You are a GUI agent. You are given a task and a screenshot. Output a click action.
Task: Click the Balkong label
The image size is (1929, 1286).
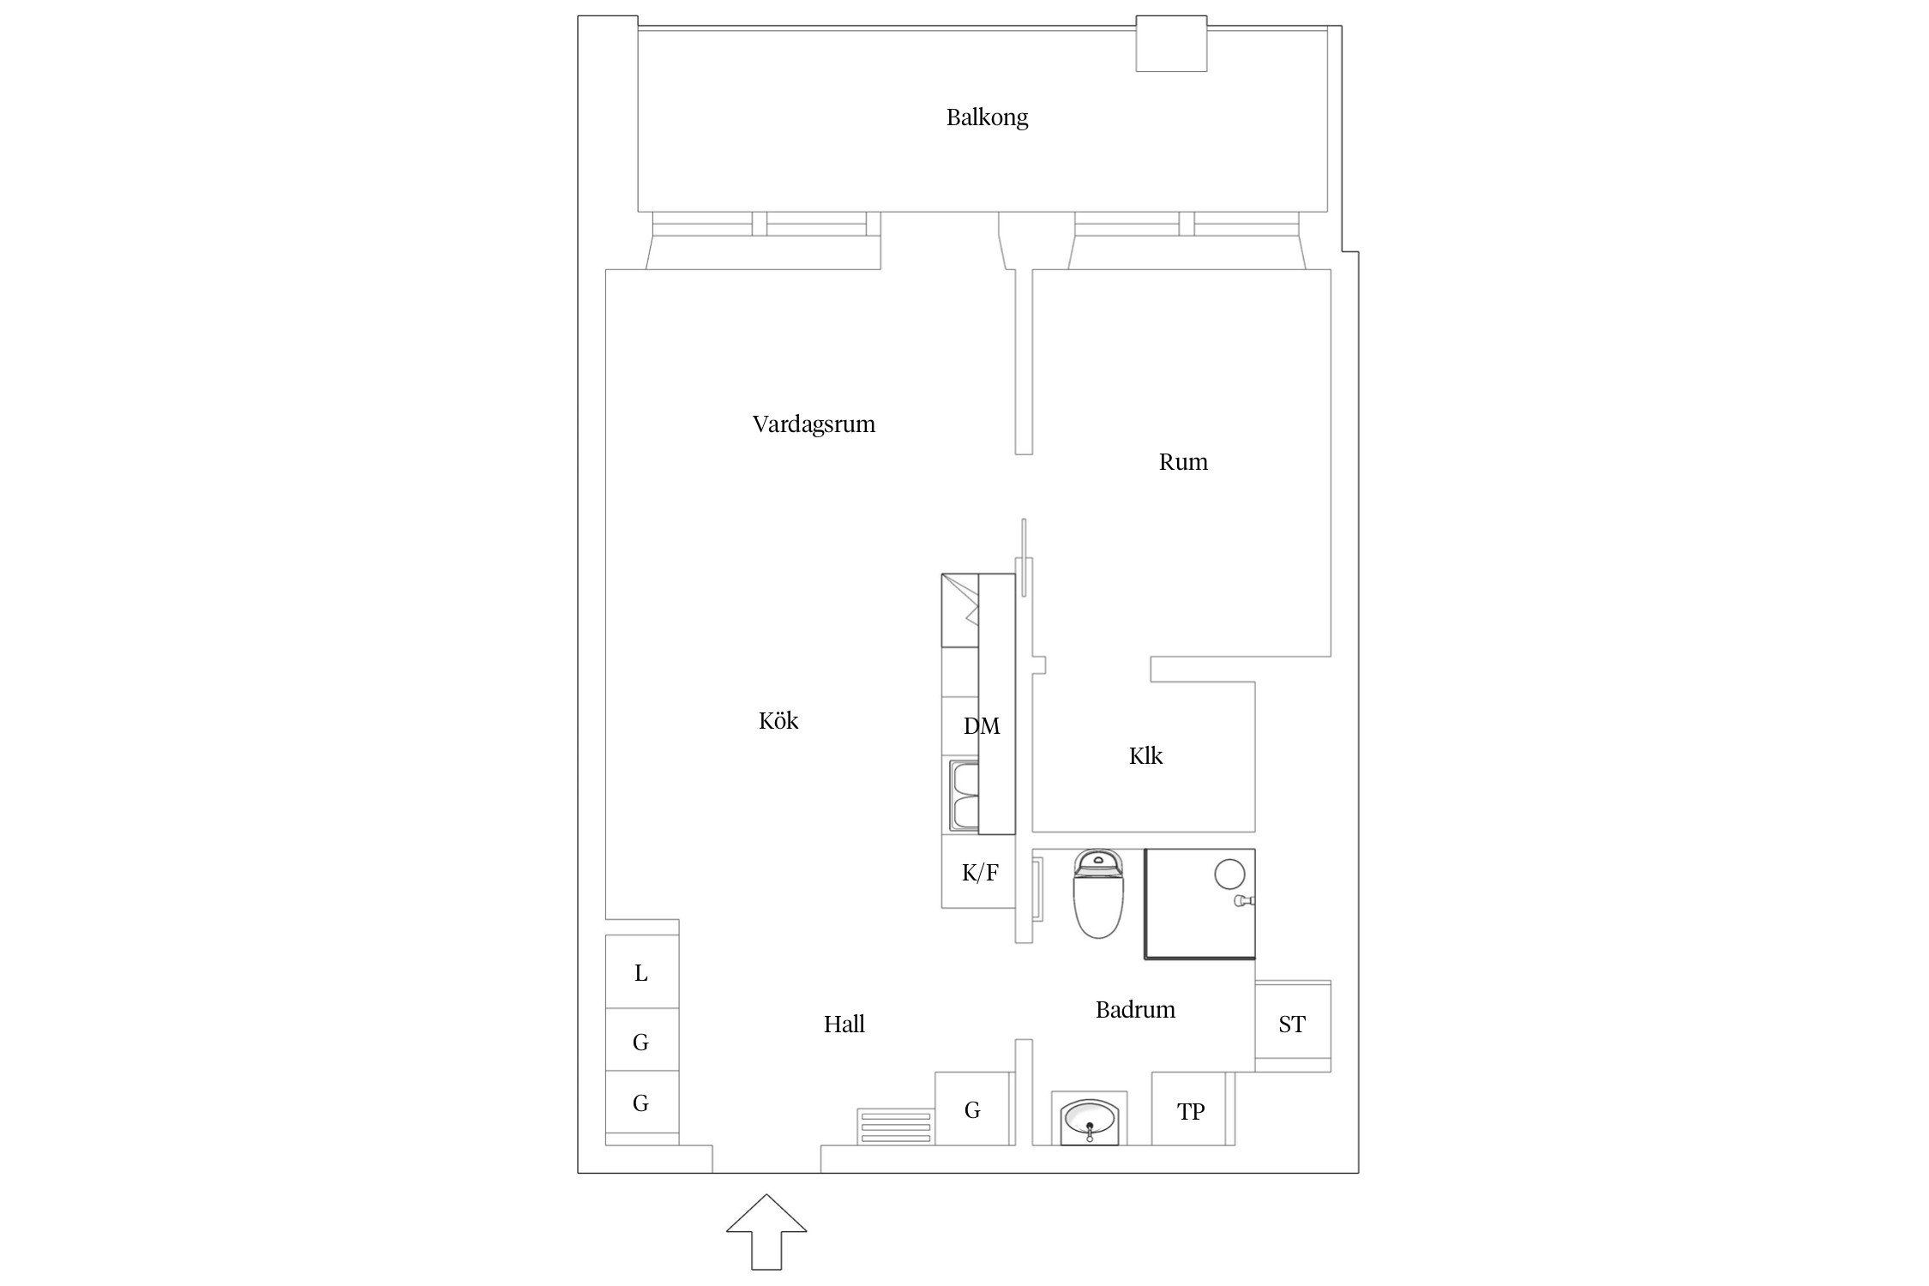987,117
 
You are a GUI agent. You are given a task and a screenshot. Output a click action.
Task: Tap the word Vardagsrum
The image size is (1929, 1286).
814,424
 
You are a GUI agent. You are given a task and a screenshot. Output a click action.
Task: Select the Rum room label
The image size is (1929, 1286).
1183,462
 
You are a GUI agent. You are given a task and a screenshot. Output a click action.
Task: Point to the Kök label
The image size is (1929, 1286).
778,721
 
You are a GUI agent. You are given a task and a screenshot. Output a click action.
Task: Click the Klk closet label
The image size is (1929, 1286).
1145,756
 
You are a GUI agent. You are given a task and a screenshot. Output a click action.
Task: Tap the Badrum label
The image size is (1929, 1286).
1135,1010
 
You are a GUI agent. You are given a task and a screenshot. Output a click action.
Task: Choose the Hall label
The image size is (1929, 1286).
844,1025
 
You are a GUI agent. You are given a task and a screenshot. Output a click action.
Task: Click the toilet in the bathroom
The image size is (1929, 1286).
1098,896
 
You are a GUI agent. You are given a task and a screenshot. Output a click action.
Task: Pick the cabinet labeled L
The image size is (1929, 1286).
641,973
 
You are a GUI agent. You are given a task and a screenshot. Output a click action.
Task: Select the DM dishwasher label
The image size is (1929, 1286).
982,727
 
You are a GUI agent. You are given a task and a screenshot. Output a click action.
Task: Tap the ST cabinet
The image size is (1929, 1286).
1292,1025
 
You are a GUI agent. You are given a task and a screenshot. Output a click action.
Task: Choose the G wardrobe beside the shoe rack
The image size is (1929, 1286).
972,1110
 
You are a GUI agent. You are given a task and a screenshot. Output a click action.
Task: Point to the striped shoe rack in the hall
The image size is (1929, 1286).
895,1127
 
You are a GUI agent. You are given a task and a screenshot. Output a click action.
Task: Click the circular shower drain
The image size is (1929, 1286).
1229,874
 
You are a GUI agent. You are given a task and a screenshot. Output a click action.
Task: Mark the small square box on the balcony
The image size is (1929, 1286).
1171,44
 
